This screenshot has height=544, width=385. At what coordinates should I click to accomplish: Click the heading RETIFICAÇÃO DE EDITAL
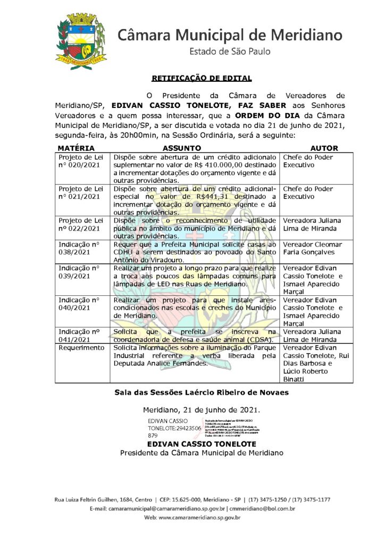pyautogui.click(x=202, y=78)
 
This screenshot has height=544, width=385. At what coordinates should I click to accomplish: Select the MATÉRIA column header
pyautogui.click(x=76, y=148)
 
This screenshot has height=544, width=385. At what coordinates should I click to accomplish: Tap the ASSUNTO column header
pyautogui.click(x=181, y=148)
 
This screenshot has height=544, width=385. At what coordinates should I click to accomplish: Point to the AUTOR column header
pyautogui.click(x=324, y=148)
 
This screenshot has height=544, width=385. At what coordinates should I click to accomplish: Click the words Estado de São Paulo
pyautogui.click(x=230, y=52)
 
